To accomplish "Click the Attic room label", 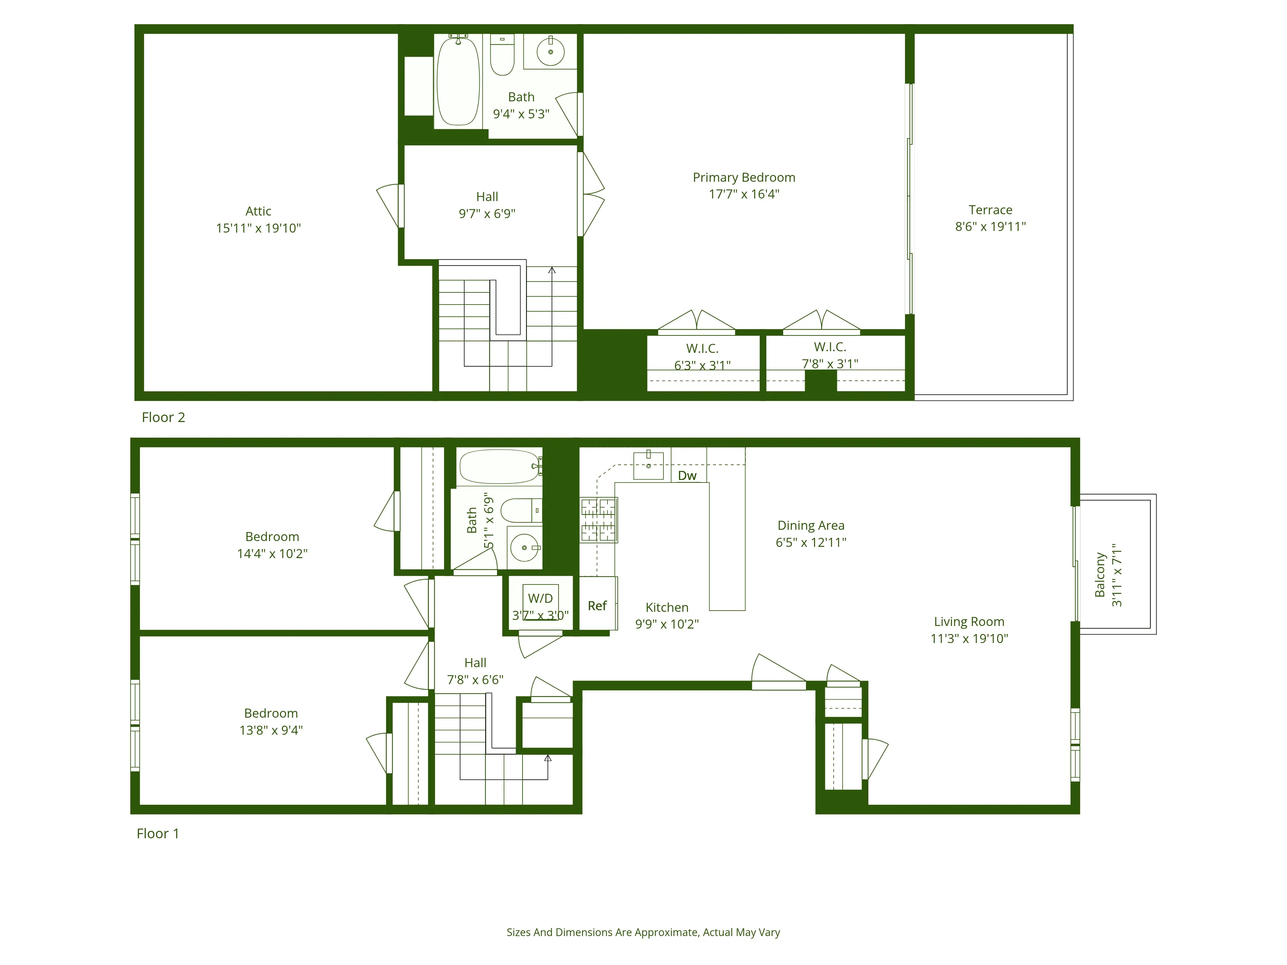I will coord(258,211).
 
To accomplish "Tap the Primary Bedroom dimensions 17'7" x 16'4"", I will coord(744,194).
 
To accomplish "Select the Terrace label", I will coord(990,210).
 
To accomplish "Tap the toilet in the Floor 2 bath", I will coord(502,56).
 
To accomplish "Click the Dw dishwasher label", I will coord(687,476).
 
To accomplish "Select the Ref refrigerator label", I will coord(597,606).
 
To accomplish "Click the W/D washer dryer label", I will coord(540,598).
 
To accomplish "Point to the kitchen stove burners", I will coord(598,519).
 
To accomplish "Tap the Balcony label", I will coord(1100,575).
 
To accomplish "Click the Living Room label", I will coord(969,622).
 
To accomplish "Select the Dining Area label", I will coord(810,525).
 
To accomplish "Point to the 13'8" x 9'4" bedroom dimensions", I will coord(271,730).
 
